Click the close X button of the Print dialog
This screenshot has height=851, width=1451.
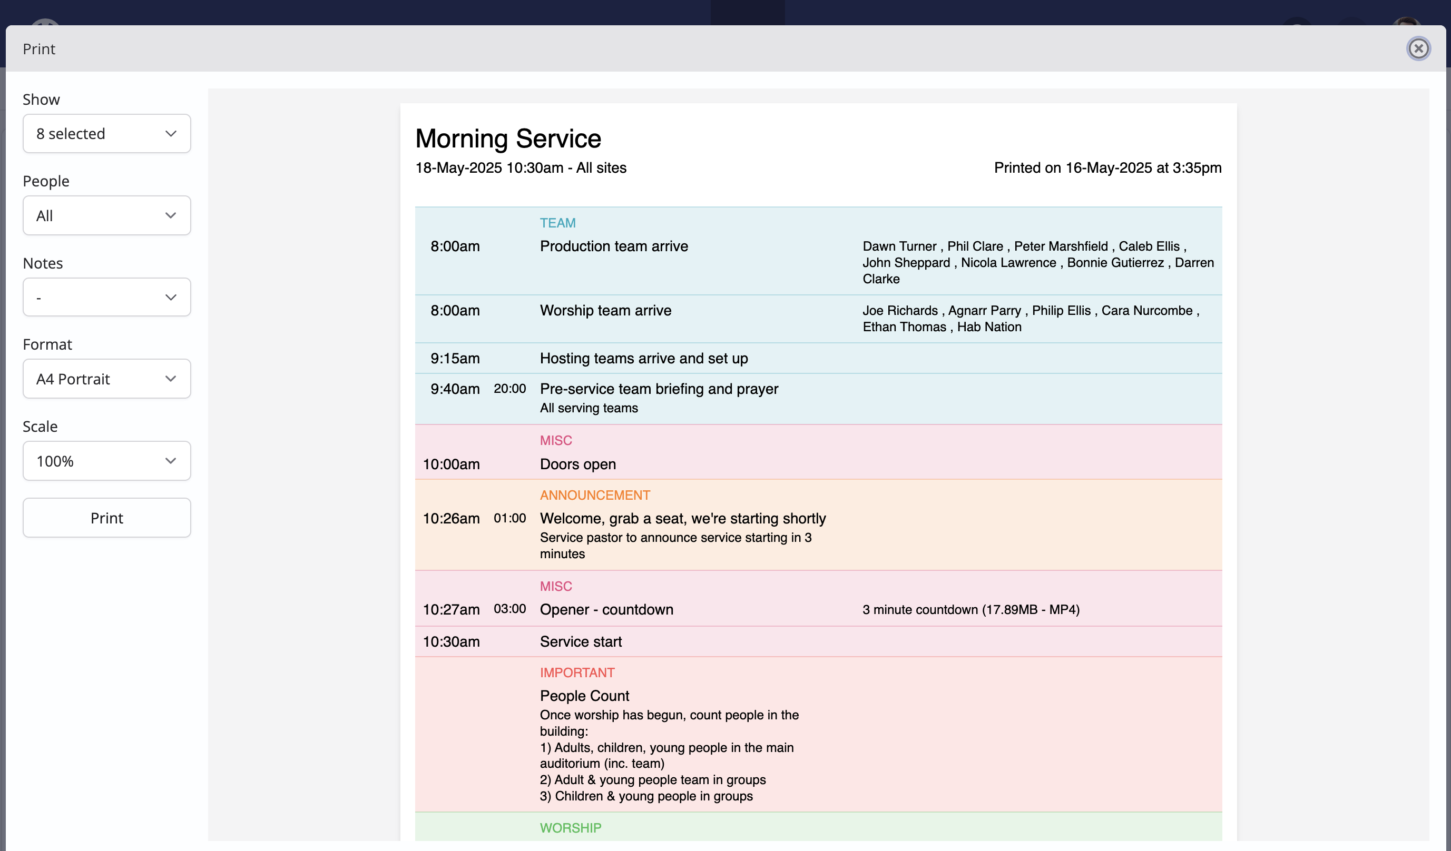[x=1418, y=48]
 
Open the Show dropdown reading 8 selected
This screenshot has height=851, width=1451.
[x=106, y=133]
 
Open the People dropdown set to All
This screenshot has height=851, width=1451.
[x=106, y=215]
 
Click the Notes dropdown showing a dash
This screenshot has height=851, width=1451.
[x=106, y=297]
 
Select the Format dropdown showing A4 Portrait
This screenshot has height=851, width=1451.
[x=106, y=379]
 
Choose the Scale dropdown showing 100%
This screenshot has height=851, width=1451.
[x=106, y=461]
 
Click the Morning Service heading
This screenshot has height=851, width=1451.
[x=508, y=138]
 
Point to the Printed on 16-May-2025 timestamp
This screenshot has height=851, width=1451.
[x=1108, y=167]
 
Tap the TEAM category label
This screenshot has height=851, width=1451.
[x=557, y=223]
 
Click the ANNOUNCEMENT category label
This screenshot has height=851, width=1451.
[x=595, y=495]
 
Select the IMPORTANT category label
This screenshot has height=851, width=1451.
[x=577, y=672]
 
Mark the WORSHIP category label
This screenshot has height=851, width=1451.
[x=571, y=828]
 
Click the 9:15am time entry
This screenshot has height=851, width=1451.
[x=455, y=359]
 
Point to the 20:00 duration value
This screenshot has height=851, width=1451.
[x=509, y=389]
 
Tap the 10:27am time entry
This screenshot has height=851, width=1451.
[x=451, y=609]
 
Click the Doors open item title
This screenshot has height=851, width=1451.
[x=577, y=464]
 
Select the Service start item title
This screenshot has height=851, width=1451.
[x=581, y=641]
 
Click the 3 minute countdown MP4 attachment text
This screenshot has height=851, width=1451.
[x=971, y=610]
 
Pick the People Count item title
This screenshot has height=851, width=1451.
[x=584, y=696]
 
